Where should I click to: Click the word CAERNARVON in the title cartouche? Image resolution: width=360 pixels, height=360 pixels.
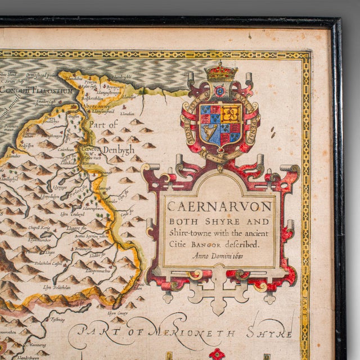(x=219, y=206)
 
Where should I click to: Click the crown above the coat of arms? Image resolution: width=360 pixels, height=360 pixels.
(x=220, y=72)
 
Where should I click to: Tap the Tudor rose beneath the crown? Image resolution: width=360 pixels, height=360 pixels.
(x=220, y=91)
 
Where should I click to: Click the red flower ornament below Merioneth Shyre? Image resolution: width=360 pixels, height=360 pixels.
(x=217, y=354)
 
